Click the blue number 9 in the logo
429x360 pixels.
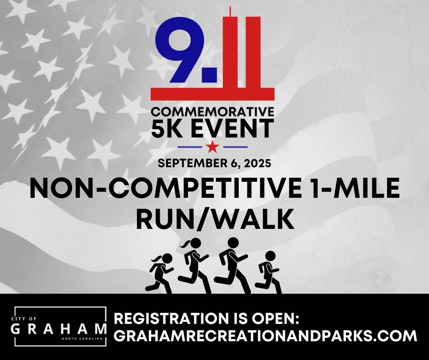click(x=179, y=49)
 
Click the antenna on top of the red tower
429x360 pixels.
click(x=230, y=11)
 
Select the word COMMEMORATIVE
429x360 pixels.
click(x=212, y=111)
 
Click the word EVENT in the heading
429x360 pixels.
click(x=230, y=128)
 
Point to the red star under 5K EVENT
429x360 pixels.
click(x=213, y=147)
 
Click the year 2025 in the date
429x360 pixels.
click(x=257, y=163)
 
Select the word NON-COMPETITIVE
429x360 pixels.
click(x=165, y=189)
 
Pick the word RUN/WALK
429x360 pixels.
click(x=215, y=219)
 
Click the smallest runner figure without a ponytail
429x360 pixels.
click(x=269, y=272)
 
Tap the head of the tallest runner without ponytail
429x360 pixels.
click(x=233, y=243)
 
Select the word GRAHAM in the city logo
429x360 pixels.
click(x=59, y=328)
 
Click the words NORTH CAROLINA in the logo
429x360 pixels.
click(x=84, y=339)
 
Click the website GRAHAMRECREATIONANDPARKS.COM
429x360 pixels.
click(x=265, y=336)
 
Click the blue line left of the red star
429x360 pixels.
click(x=189, y=147)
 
